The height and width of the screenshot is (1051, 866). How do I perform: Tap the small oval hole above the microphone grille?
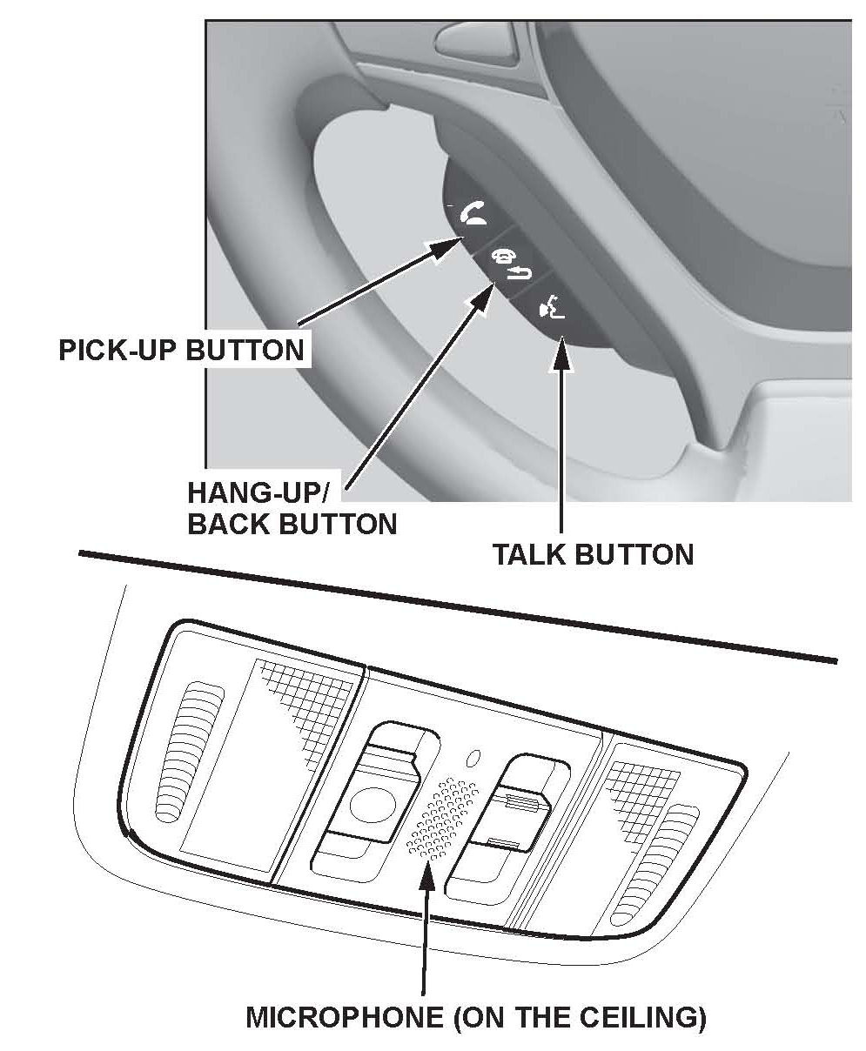click(x=473, y=758)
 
